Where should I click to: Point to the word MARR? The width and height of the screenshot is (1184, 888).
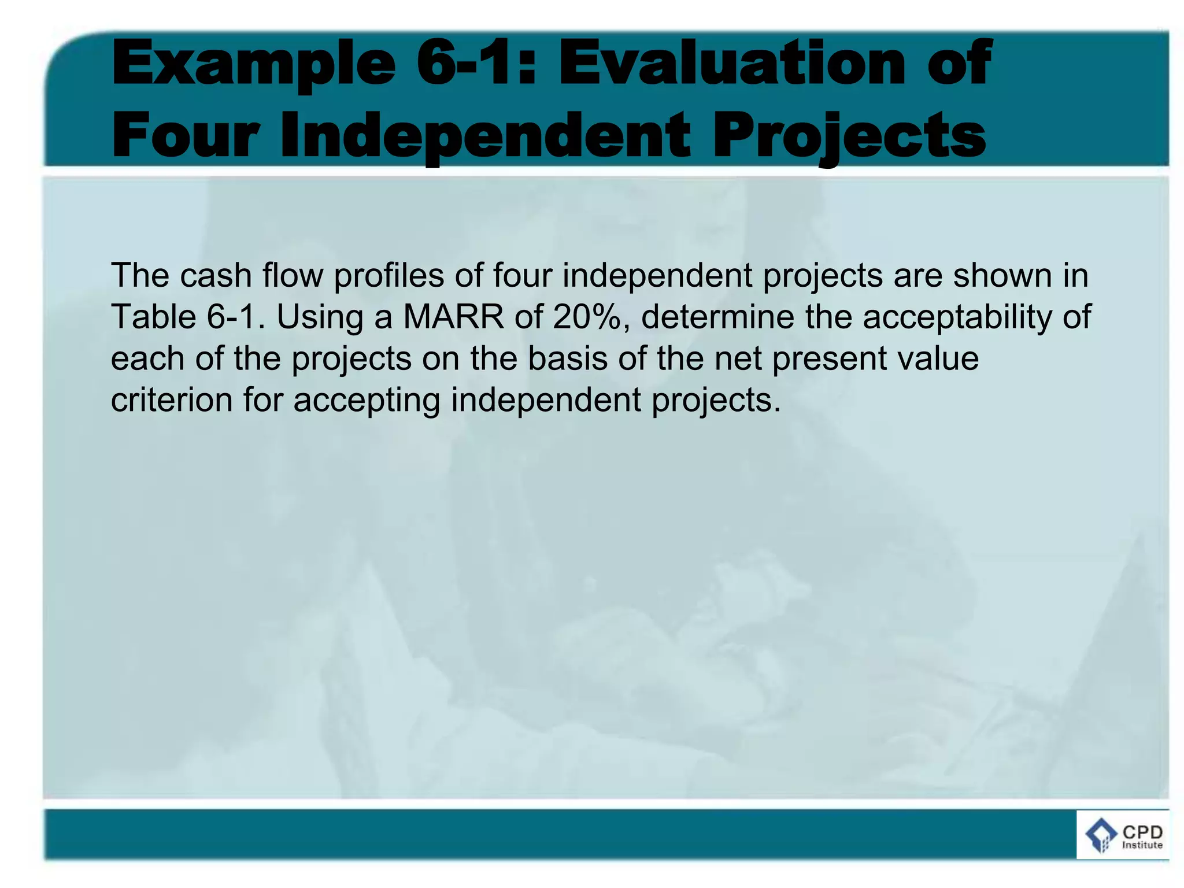[453, 317]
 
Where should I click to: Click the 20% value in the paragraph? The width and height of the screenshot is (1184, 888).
[589, 317]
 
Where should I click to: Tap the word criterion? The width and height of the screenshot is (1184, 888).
[171, 400]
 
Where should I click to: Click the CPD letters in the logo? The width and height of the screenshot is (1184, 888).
[1142, 832]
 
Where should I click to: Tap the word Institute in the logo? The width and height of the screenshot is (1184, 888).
[1142, 845]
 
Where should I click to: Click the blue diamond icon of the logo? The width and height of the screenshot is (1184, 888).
[1101, 836]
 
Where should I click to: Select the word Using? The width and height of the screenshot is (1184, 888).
[320, 318]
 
